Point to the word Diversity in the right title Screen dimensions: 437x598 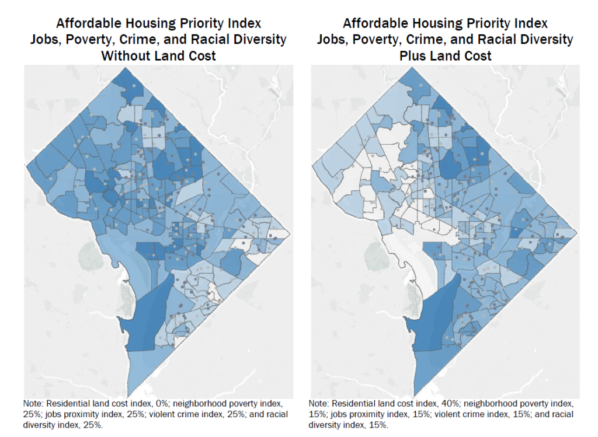(x=545, y=40)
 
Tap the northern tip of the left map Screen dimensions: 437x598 (x=130, y=69)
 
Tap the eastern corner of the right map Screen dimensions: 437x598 (x=577, y=232)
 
